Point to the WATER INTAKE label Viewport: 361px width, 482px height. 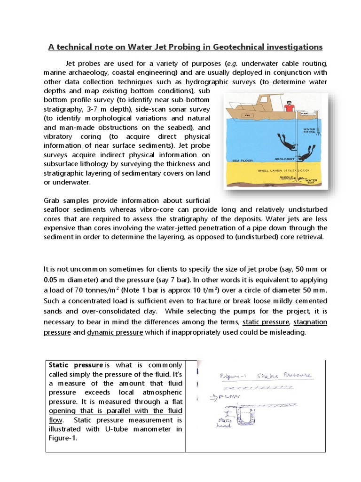click(309, 130)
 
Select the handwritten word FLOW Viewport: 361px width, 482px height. click(230, 396)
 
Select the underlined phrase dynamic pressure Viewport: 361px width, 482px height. click(115, 332)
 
